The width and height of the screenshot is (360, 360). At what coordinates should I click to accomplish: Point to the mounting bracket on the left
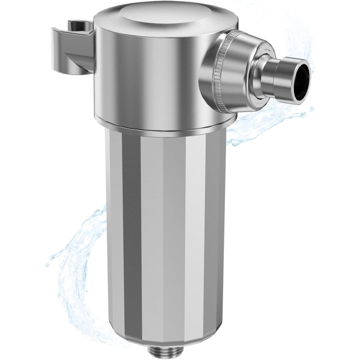(75, 47)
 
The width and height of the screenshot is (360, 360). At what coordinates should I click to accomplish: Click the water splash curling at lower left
(75, 260)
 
